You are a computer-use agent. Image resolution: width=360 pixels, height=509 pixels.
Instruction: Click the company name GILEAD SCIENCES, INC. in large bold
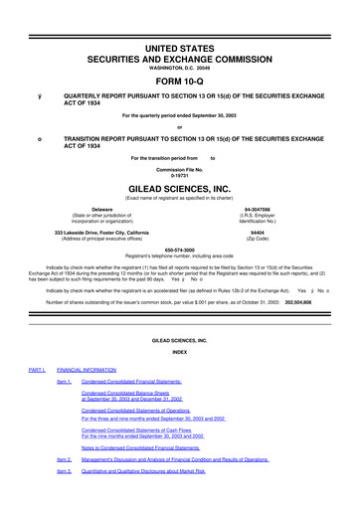coord(179,185)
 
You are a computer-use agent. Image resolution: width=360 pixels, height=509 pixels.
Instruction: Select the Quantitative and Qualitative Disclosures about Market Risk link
coord(157,471)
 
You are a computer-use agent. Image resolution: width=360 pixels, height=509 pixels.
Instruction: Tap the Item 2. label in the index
coord(65,459)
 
